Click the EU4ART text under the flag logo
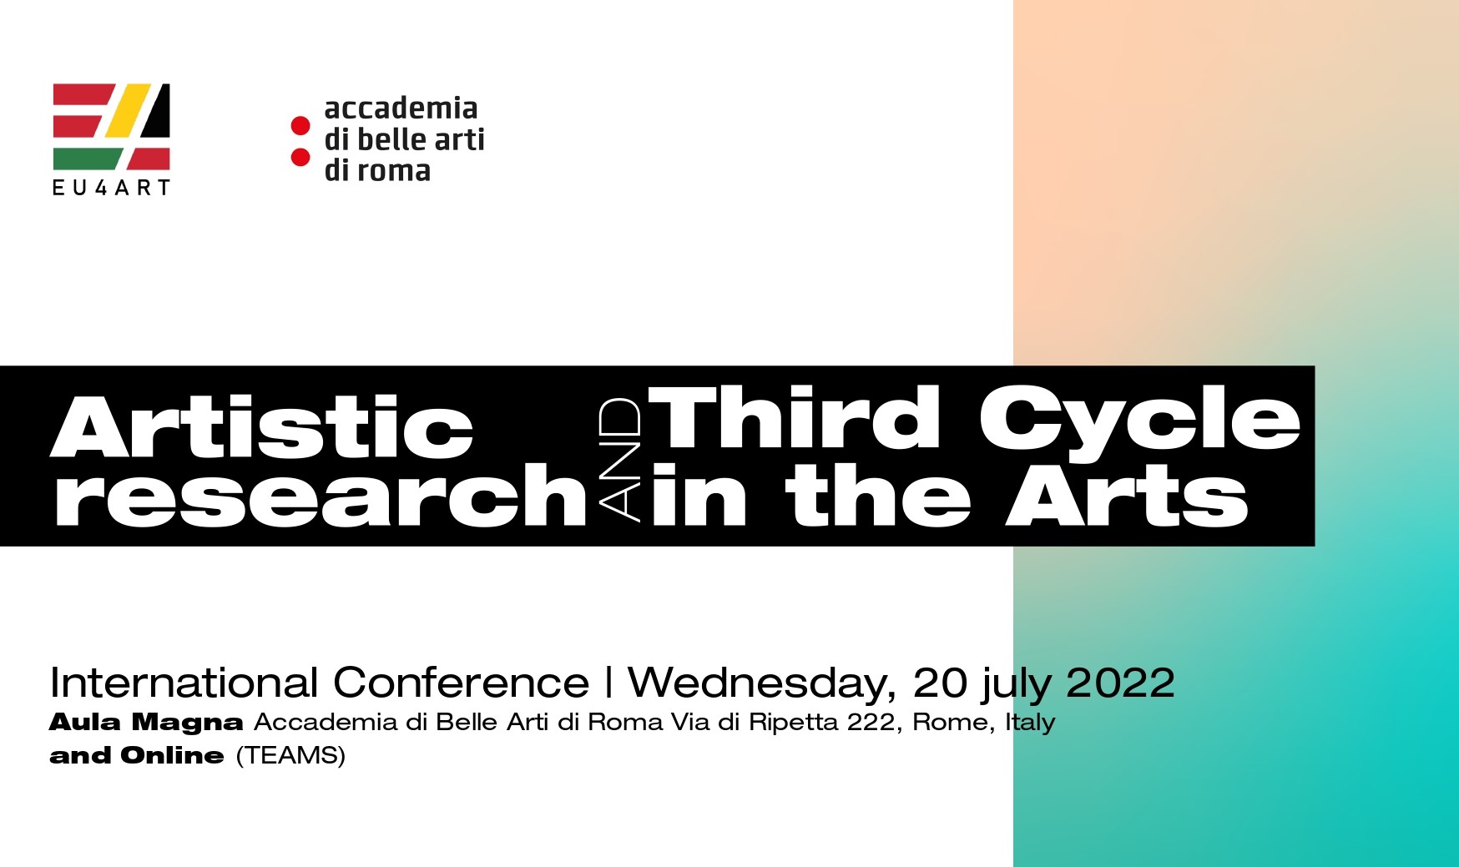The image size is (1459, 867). [111, 188]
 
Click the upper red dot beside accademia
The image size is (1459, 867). [300, 127]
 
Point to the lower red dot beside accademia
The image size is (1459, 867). [300, 157]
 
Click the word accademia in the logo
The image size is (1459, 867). [401, 108]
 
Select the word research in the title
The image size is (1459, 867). [321, 497]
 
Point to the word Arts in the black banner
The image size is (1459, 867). [1127, 497]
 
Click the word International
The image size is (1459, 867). [184, 683]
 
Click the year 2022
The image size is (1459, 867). [1120, 683]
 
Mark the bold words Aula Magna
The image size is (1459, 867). [146, 722]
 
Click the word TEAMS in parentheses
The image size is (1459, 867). [290, 755]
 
